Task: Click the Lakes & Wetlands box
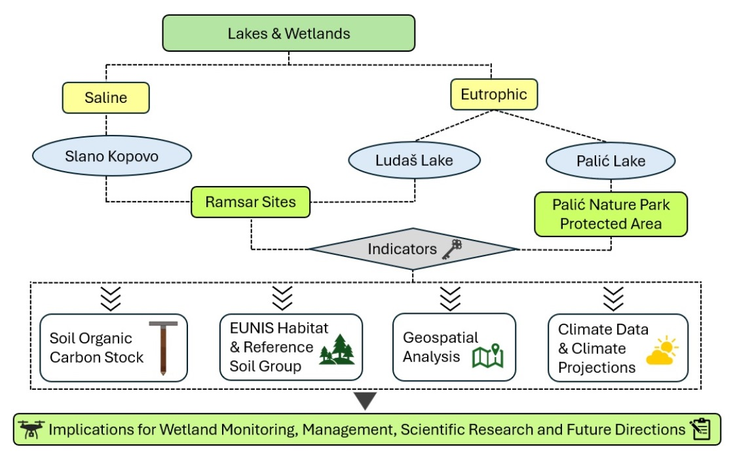point(288,33)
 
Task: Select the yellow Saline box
point(105,98)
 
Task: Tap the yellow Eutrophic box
point(494,94)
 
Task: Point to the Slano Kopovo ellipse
point(112,156)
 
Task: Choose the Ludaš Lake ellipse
point(414,160)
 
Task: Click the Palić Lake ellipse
point(611,161)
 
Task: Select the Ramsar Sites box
point(251,202)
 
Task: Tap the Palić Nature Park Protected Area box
point(611,214)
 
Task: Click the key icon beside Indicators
point(452,249)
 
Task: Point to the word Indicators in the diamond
point(402,249)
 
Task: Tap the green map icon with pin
point(487,356)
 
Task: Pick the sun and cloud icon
point(662,350)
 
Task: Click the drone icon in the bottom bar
point(31,429)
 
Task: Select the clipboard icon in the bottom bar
point(701,429)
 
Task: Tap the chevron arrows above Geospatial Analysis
point(450,299)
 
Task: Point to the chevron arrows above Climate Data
point(613,299)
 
